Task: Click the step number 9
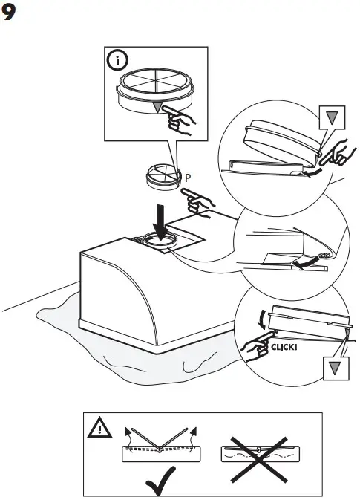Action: pos(11,14)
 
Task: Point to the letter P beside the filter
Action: pos(189,178)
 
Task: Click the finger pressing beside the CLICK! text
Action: pos(255,346)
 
